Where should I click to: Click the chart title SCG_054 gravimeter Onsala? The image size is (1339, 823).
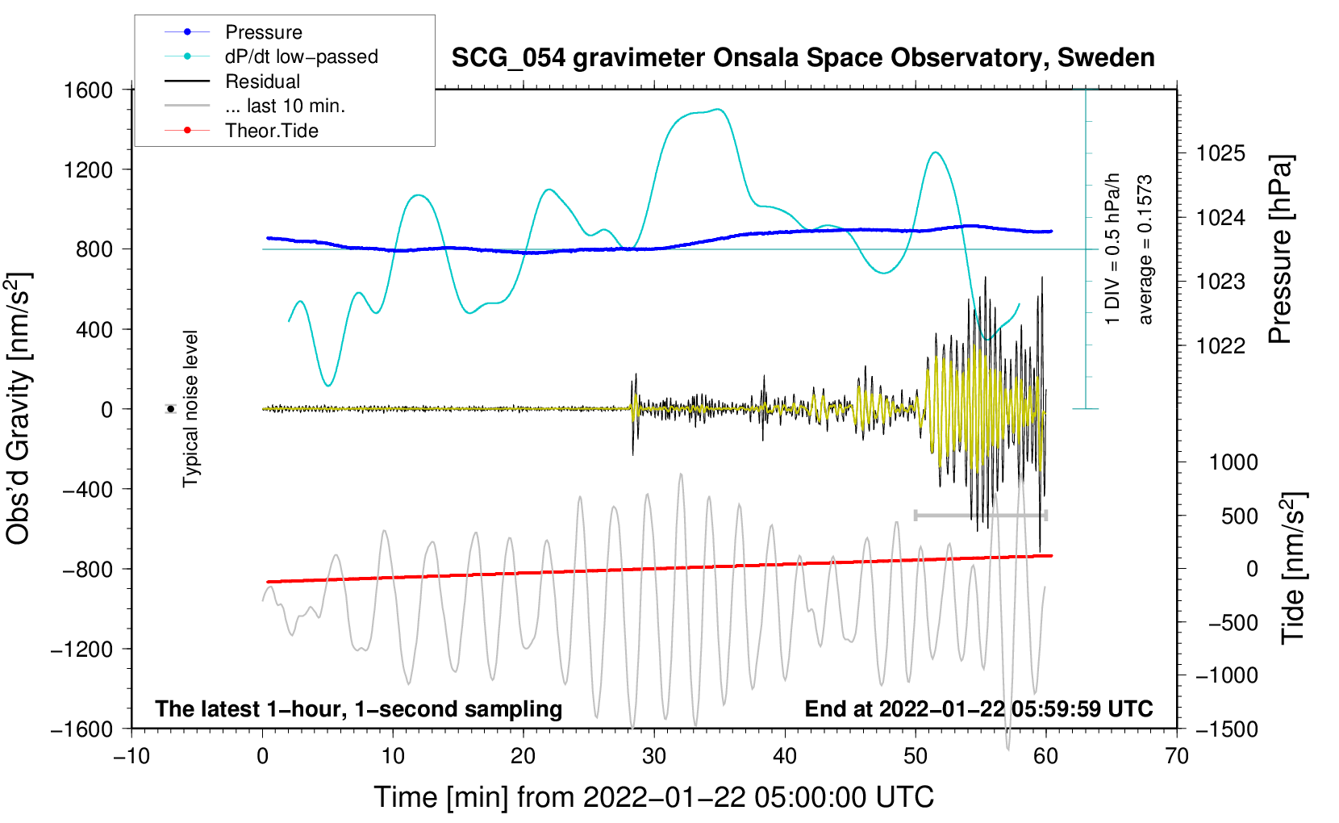point(803,58)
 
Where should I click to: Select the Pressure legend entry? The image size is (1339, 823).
point(263,32)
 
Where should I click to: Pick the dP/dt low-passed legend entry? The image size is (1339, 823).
point(301,56)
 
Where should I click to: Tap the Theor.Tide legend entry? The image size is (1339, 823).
point(271,131)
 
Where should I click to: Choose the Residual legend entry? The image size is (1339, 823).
point(262,81)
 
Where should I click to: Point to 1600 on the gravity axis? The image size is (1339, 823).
point(89,90)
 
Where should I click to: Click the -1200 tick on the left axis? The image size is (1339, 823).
point(81,650)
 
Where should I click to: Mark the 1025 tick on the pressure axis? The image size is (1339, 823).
point(1220,153)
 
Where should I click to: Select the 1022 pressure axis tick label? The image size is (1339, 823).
point(1220,346)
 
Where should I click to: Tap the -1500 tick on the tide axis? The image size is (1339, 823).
point(1227,729)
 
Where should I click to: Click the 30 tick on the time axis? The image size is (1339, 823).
point(653,757)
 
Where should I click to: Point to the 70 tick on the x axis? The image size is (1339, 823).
point(1176,757)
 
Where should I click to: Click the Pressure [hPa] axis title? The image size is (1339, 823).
point(1280,250)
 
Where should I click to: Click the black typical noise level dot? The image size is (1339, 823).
point(170,409)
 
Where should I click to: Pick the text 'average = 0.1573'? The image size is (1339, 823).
point(1145,250)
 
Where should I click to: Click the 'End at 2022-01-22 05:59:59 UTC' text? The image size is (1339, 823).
point(978,709)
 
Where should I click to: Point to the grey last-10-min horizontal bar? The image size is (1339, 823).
point(980,515)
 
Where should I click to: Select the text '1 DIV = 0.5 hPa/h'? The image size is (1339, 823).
point(1113,249)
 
